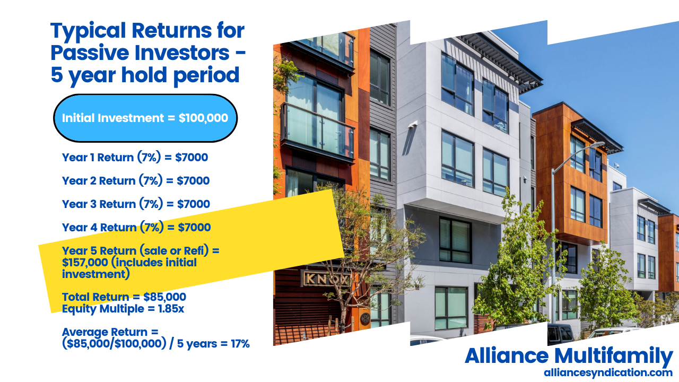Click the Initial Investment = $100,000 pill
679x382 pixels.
(145, 118)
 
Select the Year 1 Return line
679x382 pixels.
(135, 157)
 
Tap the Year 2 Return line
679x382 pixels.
(135, 180)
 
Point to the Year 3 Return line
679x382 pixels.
(136, 204)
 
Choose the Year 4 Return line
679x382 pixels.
(136, 227)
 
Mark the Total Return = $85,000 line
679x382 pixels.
(124, 297)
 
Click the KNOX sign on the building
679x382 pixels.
(327, 278)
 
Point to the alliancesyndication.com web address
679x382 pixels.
(608, 373)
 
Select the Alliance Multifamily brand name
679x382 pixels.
(569, 355)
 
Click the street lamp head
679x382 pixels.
(596, 144)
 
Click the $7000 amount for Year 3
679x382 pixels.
(194, 204)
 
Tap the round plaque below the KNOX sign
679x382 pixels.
(365, 318)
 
